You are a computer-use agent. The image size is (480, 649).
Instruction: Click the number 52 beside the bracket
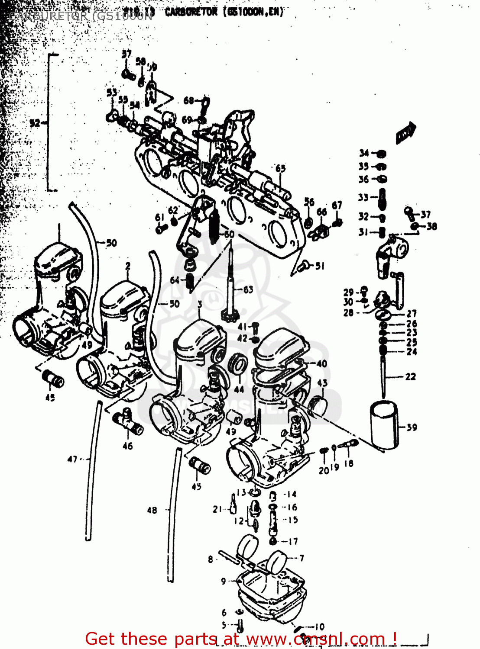pos(35,123)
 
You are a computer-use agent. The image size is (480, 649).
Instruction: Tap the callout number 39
pos(412,427)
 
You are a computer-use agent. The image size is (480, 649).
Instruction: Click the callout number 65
pos(280,168)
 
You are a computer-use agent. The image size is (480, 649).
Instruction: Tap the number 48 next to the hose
pos(152,510)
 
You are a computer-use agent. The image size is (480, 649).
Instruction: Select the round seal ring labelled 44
pos(237,364)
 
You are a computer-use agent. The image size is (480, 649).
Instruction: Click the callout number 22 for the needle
pos(410,376)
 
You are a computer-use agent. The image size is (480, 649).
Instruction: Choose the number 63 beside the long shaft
pos(248,289)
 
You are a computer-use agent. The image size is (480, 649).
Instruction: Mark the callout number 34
pos(364,153)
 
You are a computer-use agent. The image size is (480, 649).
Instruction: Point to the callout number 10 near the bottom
pos(319,627)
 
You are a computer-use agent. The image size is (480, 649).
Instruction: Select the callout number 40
pos(321,363)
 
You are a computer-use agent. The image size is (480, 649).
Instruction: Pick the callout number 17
pos(293,541)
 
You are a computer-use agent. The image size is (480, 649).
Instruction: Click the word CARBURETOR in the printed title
pos(191,12)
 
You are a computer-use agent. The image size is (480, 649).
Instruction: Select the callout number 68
pos(188,100)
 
